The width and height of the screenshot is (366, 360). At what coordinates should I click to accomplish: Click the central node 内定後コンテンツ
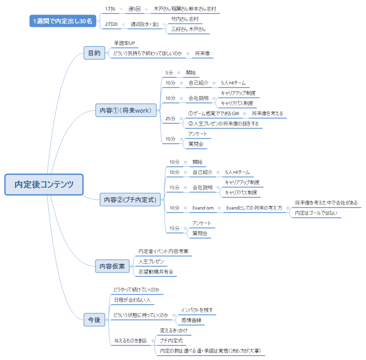(44, 184)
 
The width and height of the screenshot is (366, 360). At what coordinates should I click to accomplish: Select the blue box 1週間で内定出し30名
(63, 21)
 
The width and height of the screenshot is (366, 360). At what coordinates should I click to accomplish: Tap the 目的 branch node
(94, 53)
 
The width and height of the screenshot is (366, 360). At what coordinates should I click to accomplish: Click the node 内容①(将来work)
(126, 110)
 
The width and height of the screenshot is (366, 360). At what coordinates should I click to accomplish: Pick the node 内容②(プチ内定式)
(130, 200)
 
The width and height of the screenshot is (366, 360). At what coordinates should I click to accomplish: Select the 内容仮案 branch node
(112, 266)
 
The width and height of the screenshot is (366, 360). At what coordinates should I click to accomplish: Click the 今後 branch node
(94, 320)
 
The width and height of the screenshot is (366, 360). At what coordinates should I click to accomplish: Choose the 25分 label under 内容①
(170, 119)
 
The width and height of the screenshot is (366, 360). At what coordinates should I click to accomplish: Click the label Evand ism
(203, 208)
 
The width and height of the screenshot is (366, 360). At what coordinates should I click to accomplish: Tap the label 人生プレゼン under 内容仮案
(151, 261)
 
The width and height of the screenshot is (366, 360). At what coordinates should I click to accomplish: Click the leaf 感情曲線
(191, 320)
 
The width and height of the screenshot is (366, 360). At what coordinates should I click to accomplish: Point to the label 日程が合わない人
(132, 299)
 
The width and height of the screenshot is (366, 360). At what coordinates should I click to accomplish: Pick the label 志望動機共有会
(156, 271)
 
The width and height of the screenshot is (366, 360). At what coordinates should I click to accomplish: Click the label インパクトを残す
(197, 310)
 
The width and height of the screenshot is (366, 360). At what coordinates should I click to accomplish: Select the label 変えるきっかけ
(174, 330)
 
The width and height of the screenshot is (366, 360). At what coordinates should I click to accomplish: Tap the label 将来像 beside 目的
(203, 53)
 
